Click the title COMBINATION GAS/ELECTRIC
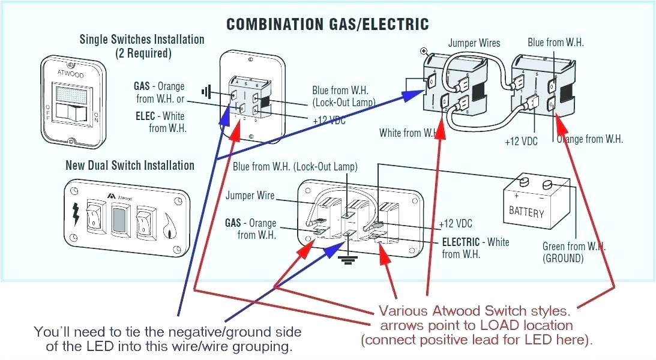click(x=327, y=24)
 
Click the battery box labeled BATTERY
click(x=526, y=204)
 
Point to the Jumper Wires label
click(x=474, y=43)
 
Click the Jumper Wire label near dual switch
click(x=250, y=196)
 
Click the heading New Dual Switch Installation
click(x=130, y=166)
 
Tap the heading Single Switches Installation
click(x=142, y=40)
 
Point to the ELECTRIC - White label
click(x=475, y=242)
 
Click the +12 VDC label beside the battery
click(x=456, y=224)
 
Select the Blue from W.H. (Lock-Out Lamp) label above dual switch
click(x=295, y=167)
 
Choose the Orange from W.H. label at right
click(x=590, y=139)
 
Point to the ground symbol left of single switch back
click(x=207, y=92)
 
